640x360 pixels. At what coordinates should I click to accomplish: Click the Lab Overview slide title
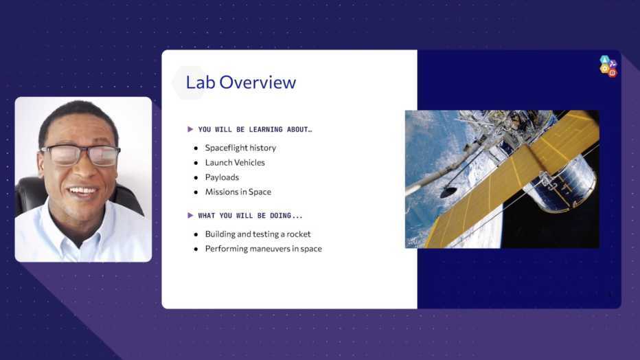[x=241, y=82]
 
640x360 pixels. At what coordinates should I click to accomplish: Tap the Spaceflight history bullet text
[x=240, y=148]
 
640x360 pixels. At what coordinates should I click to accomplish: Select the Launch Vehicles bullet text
[x=235, y=162]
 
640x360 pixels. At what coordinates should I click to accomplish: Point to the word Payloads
[x=222, y=177]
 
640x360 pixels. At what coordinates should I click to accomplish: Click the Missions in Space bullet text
[x=238, y=192]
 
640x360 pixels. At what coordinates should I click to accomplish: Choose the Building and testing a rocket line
[x=258, y=234]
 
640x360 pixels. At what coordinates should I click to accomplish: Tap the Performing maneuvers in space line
[x=263, y=249]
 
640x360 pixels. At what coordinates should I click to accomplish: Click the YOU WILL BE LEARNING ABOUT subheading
[x=255, y=129]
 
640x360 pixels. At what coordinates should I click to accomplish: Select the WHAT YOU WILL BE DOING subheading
[x=250, y=216]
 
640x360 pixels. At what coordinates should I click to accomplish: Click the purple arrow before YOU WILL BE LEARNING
[x=190, y=129]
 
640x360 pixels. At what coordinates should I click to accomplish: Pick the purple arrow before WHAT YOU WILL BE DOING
[x=190, y=216]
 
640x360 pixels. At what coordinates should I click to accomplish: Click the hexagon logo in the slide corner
[x=608, y=66]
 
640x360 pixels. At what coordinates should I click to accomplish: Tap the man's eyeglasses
[x=80, y=155]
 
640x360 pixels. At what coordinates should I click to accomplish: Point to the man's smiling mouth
[x=82, y=190]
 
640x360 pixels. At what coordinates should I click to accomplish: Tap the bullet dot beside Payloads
[x=196, y=177]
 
